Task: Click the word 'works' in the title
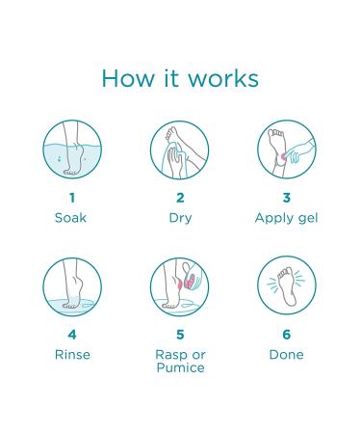tap(223, 79)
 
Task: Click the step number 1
tap(72, 198)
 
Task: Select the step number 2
tap(180, 198)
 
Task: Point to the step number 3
tap(287, 198)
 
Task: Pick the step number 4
tap(72, 335)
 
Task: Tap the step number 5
tap(180, 335)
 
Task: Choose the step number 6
tap(287, 335)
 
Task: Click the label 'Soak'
tap(70, 218)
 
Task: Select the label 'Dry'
tap(180, 218)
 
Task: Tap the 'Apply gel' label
tap(286, 219)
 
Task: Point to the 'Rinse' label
tap(72, 355)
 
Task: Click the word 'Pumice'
tap(180, 367)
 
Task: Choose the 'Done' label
tap(287, 355)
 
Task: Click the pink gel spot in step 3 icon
tap(284, 156)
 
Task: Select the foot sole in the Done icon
tap(286, 286)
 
